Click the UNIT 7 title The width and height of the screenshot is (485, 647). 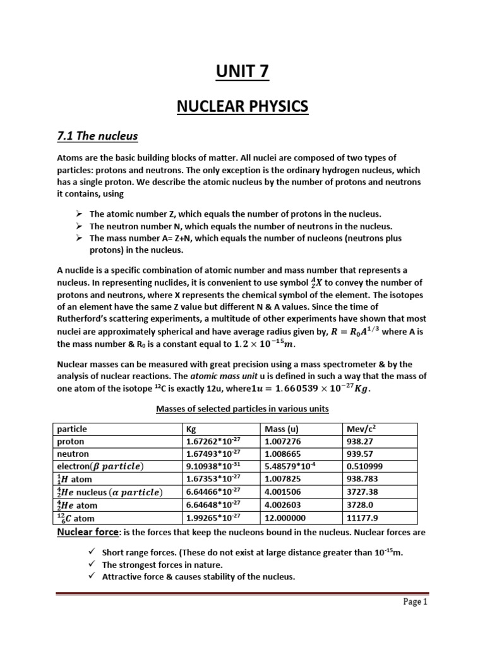(x=242, y=73)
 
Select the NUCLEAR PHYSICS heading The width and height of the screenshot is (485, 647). (x=242, y=107)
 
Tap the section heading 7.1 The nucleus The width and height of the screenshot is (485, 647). (x=97, y=136)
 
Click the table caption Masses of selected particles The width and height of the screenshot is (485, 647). (x=242, y=409)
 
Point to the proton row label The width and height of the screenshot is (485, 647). (x=71, y=442)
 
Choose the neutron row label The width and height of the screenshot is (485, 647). (x=73, y=454)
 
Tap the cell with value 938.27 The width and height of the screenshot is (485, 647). (x=359, y=442)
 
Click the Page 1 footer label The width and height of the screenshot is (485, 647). (x=416, y=620)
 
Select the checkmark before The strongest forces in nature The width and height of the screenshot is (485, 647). (x=92, y=564)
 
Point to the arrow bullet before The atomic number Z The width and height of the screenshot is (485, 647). (x=80, y=214)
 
